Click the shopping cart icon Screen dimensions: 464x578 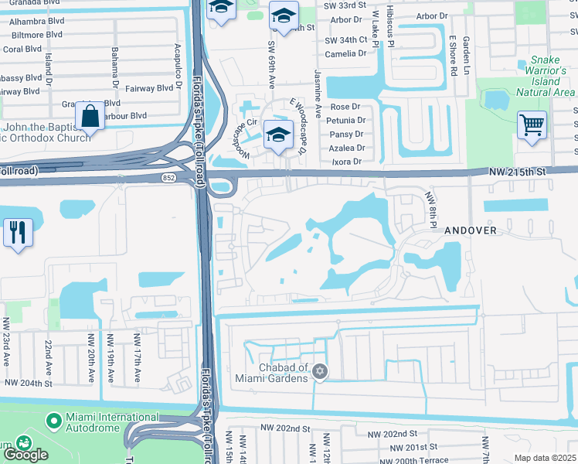(x=532, y=125)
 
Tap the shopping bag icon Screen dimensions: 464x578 (x=90, y=117)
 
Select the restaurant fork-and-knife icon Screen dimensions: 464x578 (x=18, y=232)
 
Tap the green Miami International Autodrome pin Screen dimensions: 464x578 (x=53, y=421)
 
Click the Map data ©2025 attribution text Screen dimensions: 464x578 (x=545, y=458)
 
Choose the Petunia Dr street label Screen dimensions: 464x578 (x=345, y=121)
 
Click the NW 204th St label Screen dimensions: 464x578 (x=28, y=383)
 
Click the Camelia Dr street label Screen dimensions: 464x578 (x=345, y=53)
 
